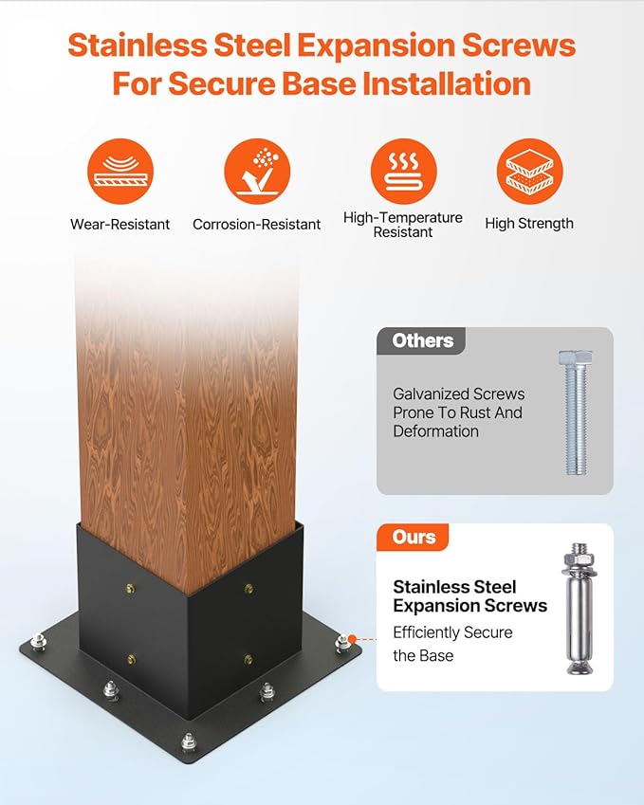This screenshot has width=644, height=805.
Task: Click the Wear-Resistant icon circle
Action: tap(120, 172)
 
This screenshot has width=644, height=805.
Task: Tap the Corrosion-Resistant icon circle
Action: tap(257, 172)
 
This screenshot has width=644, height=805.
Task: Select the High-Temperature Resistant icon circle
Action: tap(404, 172)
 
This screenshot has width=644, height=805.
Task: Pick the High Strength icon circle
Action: tap(529, 172)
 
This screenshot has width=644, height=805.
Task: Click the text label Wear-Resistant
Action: tap(120, 225)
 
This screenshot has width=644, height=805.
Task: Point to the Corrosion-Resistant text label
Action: tap(257, 225)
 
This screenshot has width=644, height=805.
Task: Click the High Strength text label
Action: tap(529, 224)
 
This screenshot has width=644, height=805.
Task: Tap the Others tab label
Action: tap(423, 341)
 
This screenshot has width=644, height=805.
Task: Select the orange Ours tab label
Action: tap(414, 537)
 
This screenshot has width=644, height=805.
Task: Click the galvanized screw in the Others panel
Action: tap(576, 412)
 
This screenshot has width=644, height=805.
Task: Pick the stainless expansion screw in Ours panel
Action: tap(580, 609)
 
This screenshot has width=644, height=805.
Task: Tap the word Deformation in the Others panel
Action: tap(435, 431)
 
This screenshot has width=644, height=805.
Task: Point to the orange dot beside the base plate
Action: tap(352, 639)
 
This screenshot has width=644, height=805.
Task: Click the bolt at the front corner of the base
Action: tap(189, 741)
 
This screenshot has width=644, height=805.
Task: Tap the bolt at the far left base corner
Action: tap(38, 642)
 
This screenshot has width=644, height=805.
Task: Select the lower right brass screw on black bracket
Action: tap(248, 659)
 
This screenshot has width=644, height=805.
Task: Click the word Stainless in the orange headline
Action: tap(138, 46)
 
